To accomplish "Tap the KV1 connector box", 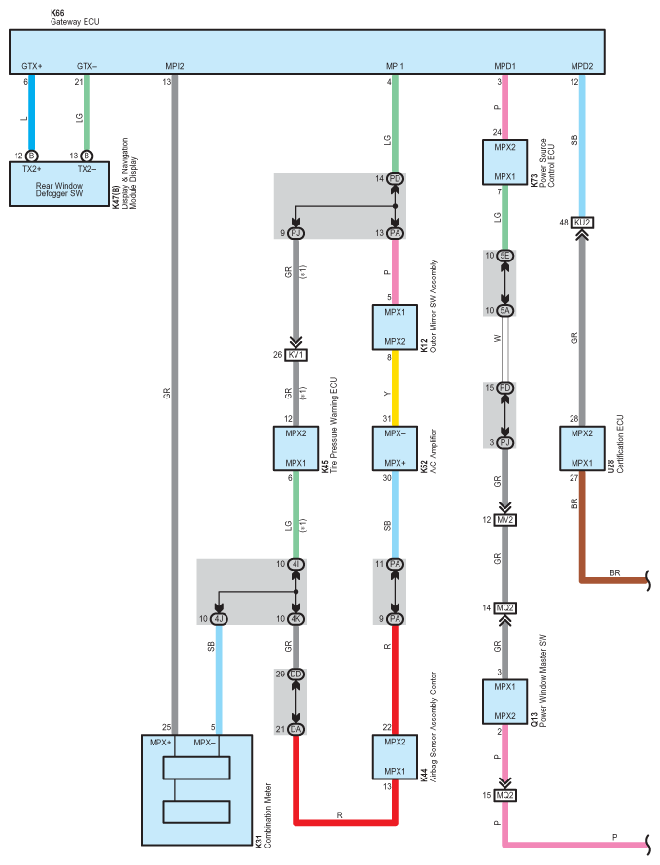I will [x=296, y=355].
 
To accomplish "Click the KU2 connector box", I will [x=582, y=223].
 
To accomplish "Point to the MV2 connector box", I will [x=504, y=520].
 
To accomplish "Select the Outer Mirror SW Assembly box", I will [x=395, y=328].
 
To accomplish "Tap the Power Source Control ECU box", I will [x=504, y=162].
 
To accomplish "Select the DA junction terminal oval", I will [x=296, y=729].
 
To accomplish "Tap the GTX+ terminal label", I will [x=32, y=66].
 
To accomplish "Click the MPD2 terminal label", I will [x=582, y=66].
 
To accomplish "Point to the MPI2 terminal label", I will [x=175, y=66].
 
